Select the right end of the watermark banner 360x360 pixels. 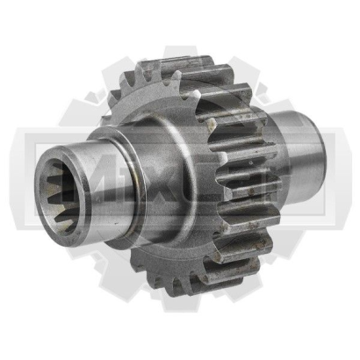pos(338,176)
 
